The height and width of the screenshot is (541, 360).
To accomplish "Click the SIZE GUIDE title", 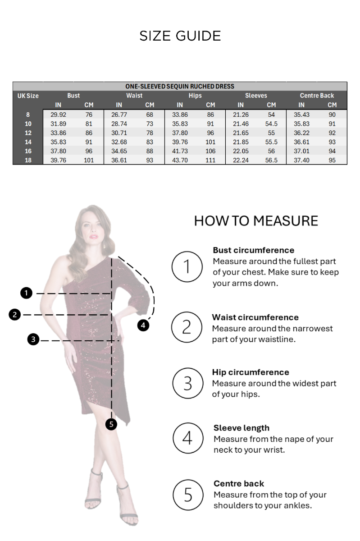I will (x=180, y=36).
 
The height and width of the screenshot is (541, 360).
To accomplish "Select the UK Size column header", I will (x=28, y=96).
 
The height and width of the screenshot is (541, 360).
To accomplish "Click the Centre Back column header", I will (x=317, y=96).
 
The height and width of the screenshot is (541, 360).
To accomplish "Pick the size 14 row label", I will (x=28, y=142).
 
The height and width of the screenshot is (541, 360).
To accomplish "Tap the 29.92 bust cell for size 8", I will (x=58, y=115).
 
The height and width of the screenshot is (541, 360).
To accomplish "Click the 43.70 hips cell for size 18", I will (x=180, y=160).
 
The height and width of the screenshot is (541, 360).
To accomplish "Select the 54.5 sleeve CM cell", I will (x=271, y=124).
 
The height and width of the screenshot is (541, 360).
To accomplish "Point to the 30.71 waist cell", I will (x=119, y=133).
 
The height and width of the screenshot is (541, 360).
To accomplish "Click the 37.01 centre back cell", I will (x=301, y=151).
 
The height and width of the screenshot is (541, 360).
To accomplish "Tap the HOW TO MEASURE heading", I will (x=256, y=221).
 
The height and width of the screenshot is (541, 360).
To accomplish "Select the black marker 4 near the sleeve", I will (x=143, y=325).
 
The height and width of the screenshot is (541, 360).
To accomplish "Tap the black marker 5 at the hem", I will (x=111, y=424).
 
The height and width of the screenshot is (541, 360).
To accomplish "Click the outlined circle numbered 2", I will (x=187, y=327).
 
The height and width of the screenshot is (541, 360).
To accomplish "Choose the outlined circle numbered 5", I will (x=188, y=495).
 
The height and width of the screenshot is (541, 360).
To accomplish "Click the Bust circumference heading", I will (x=253, y=250).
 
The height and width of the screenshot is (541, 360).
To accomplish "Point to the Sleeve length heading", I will (x=241, y=428).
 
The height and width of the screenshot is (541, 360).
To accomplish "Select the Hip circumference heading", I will (x=250, y=372).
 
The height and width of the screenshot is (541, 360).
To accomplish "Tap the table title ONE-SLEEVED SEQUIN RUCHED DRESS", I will (x=180, y=86).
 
